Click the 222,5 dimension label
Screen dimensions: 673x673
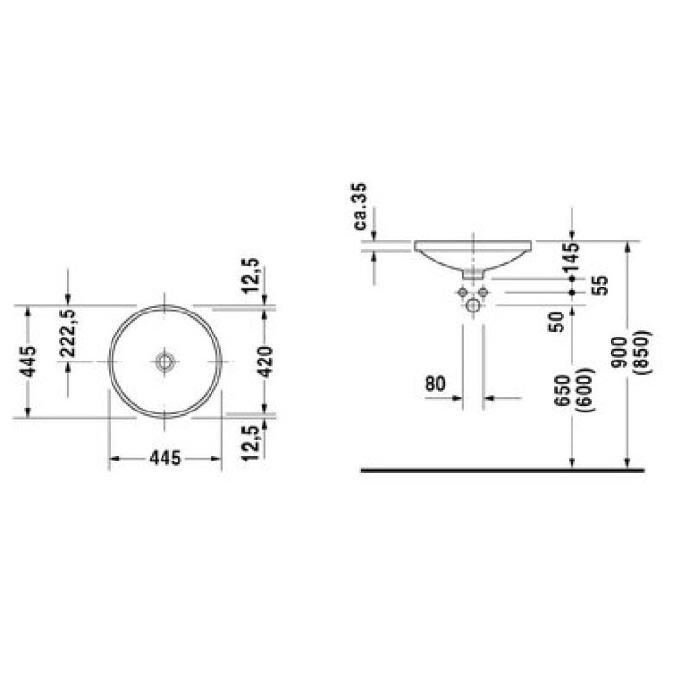tap(67, 333)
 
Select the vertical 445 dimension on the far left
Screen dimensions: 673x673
tap(28, 361)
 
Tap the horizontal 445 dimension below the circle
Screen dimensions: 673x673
tap(165, 458)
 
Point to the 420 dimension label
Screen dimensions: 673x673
tap(265, 361)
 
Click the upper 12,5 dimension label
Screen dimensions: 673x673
tap(251, 276)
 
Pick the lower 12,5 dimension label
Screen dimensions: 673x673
tap(251, 443)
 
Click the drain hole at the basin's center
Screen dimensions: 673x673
tap(164, 361)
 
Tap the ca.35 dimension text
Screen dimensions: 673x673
tap(361, 206)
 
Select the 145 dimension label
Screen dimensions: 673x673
tap(571, 258)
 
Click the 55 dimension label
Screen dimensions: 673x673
tap(602, 286)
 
